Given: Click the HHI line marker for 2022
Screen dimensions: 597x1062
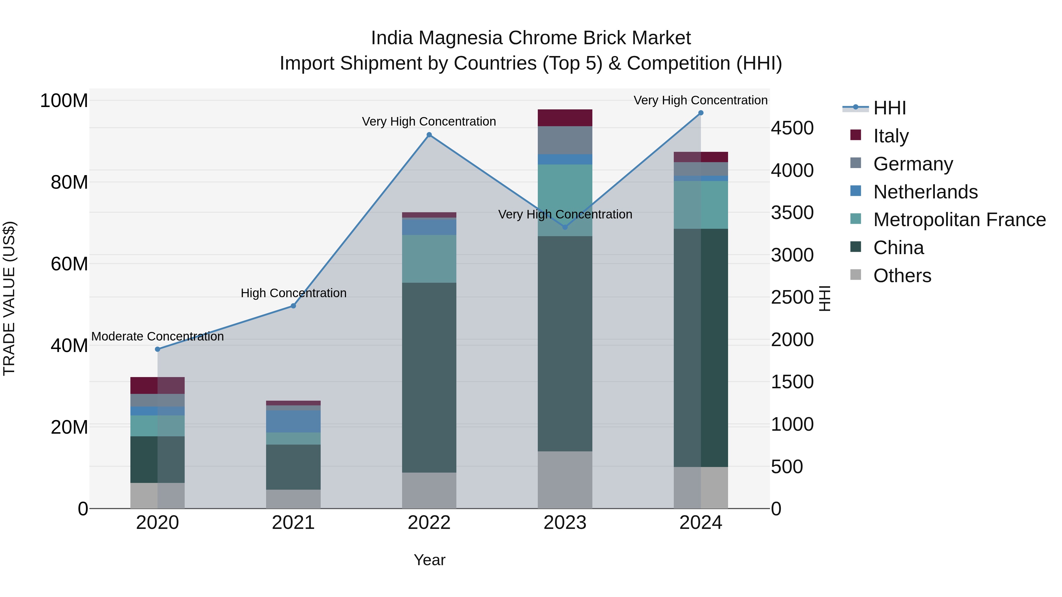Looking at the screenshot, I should click(429, 135).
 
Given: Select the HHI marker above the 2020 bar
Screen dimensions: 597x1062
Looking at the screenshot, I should click(158, 349).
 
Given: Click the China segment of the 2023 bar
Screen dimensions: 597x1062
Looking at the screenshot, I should click(565, 344).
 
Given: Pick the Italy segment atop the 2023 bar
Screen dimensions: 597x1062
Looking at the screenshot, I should click(565, 118).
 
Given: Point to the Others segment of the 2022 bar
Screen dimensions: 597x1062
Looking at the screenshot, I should click(429, 490).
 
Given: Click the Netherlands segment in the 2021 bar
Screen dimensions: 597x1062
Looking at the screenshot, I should click(293, 421).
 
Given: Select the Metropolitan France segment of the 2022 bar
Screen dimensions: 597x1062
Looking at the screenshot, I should click(429, 259).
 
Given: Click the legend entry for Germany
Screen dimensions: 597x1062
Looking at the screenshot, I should click(913, 164).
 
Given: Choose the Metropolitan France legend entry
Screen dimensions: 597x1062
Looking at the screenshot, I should click(959, 220).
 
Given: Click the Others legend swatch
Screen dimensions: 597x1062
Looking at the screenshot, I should click(855, 275).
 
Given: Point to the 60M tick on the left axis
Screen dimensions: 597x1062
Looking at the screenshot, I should click(69, 264).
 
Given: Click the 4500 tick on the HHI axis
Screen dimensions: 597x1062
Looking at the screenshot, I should click(792, 128).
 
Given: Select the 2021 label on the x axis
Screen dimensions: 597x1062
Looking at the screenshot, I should click(293, 523).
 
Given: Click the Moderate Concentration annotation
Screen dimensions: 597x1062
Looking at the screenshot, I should click(158, 337).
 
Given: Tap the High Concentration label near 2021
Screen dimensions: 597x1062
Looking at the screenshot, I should click(293, 293).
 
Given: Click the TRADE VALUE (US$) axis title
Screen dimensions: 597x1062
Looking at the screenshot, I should click(9, 298).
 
